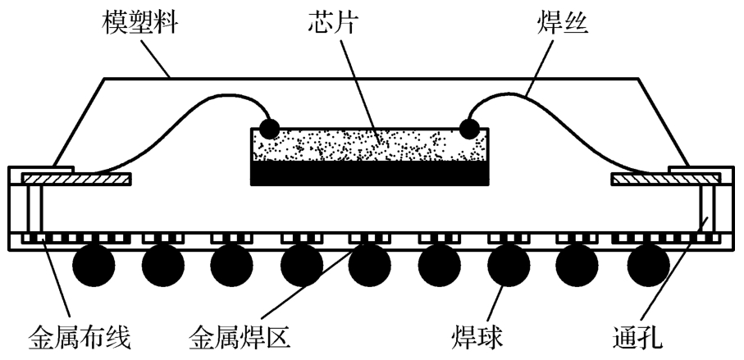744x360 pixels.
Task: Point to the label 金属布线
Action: tap(80, 338)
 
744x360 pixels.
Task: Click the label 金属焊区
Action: tap(240, 338)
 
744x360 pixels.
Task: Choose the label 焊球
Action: tap(477, 338)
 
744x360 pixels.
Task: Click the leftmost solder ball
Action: tap(94, 266)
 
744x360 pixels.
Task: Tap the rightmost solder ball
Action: tap(648, 266)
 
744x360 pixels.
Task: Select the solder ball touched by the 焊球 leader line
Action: tap(509, 266)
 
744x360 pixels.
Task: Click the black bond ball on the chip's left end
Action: tap(270, 129)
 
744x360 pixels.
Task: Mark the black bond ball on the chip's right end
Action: tap(470, 129)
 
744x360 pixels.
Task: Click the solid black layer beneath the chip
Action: tap(370, 173)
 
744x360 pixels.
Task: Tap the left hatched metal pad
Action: tap(76, 180)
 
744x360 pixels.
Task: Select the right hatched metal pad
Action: tap(666, 180)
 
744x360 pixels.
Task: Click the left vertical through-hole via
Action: tap(34, 208)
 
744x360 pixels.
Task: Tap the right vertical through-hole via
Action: tap(708, 208)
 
